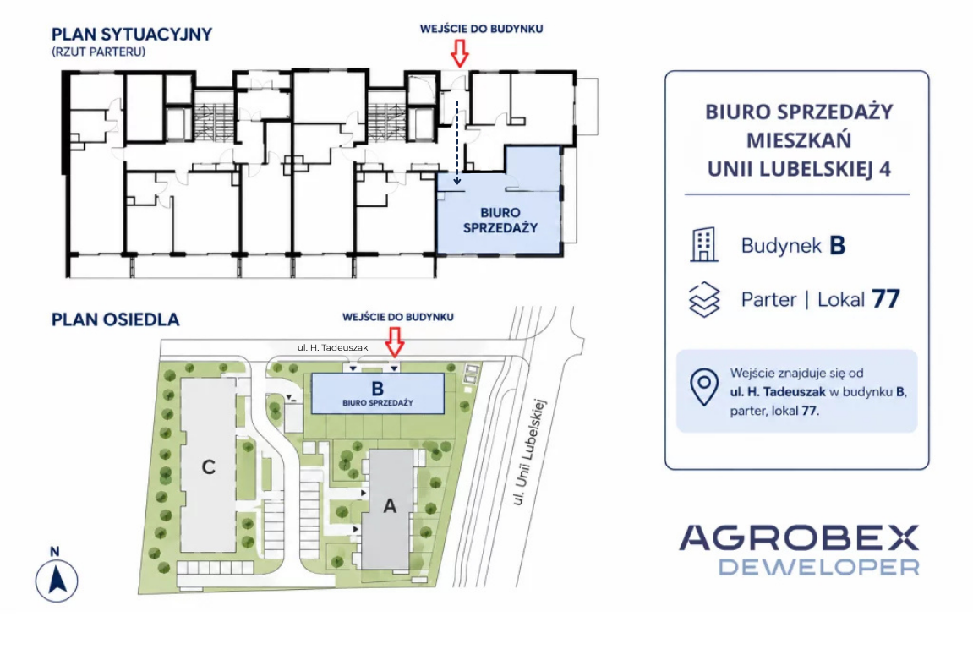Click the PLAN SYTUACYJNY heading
pos(132,34)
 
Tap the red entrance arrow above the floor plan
pos(459,53)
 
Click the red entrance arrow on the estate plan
pos(395,342)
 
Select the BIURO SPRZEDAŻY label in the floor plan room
pos(500,221)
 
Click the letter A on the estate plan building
pos(390,506)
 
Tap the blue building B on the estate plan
pos(377,393)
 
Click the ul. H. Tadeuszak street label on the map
pos(332,348)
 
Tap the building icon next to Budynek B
pos(703,244)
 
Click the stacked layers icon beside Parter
pos(704,300)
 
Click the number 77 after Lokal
pos(885,299)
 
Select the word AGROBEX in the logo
pos(799,538)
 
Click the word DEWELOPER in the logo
pos(818,567)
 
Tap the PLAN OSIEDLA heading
pos(116,319)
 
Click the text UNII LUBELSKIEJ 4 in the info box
pos(799,169)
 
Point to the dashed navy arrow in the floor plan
pos(457,143)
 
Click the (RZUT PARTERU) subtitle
pos(99,52)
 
